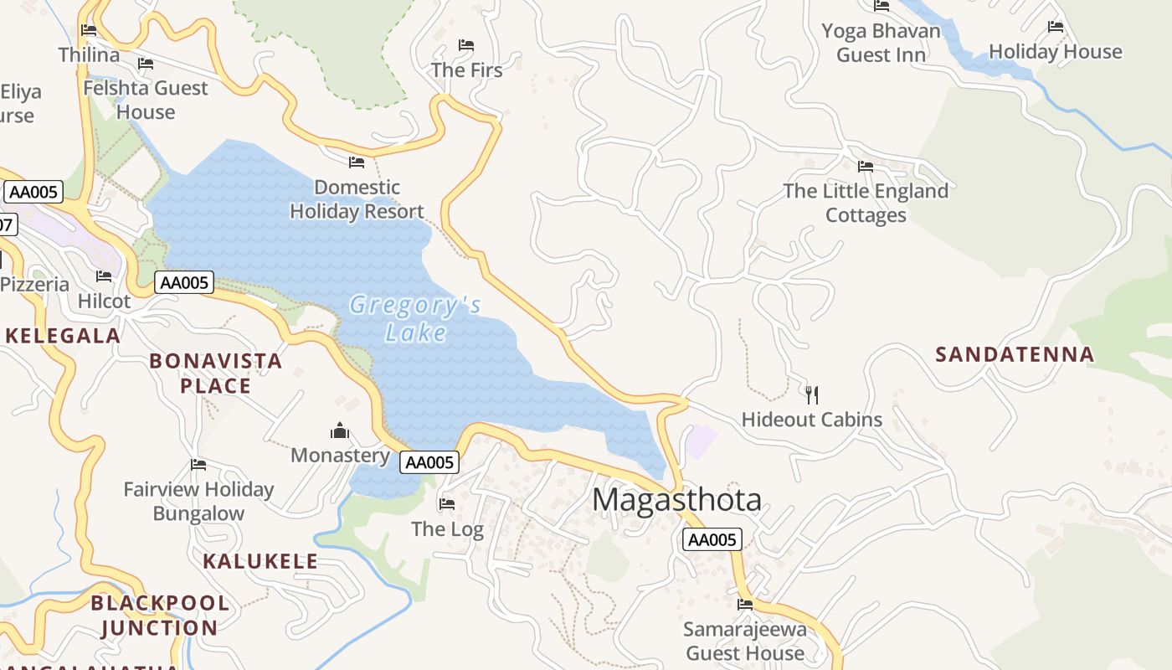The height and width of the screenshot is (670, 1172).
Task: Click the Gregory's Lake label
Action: (415, 318)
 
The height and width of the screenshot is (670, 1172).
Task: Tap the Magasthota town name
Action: (676, 500)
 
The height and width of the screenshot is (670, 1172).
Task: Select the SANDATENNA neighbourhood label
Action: (1015, 354)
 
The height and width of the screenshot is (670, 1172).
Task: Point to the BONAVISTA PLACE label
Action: (215, 374)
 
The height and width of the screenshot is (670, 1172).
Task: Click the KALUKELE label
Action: (260, 561)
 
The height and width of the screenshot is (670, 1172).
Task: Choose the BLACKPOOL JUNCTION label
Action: (160, 616)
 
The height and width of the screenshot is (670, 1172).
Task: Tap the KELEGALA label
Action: (63, 336)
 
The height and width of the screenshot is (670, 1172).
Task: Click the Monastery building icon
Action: (340, 431)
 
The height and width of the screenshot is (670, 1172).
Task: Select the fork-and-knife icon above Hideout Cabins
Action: (811, 394)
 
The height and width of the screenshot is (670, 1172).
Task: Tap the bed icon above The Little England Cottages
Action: (866, 167)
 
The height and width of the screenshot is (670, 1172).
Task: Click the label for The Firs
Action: (467, 70)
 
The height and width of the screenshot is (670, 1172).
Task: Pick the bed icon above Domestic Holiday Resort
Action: (357, 162)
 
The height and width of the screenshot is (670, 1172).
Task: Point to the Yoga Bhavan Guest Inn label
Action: (881, 44)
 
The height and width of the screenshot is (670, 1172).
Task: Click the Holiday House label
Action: (1055, 52)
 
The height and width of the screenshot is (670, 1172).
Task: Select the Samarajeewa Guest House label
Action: (745, 641)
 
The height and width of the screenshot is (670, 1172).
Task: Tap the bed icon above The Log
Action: (447, 504)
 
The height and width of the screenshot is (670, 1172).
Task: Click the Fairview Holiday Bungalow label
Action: (198, 501)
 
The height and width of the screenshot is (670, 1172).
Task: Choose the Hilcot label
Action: (104, 301)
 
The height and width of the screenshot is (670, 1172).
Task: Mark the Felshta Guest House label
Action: (146, 100)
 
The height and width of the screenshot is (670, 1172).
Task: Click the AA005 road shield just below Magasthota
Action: (712, 540)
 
